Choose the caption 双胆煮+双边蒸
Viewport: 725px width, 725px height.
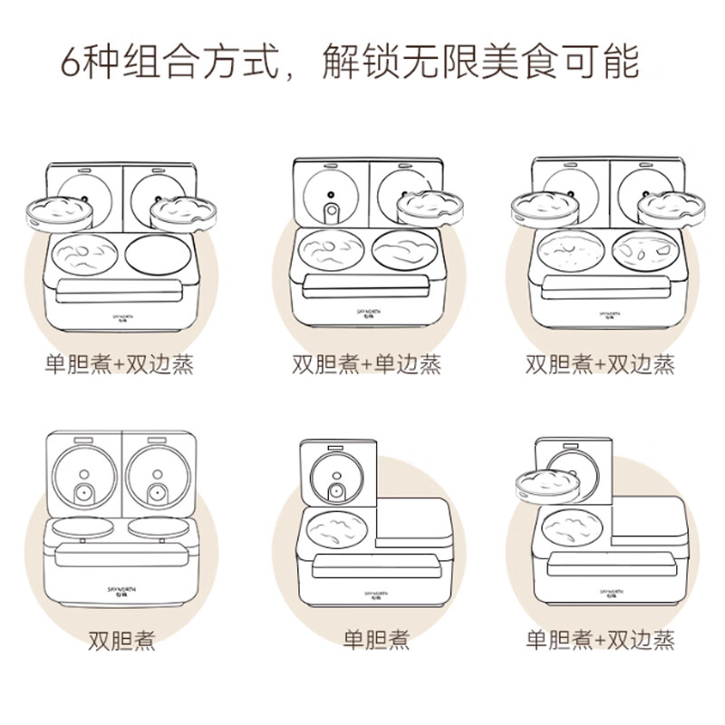601,364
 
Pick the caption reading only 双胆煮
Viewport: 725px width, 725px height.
121,641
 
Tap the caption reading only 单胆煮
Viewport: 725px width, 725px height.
375,641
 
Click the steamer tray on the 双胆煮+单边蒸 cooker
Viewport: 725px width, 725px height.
430,208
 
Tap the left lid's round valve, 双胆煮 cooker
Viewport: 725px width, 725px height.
84,494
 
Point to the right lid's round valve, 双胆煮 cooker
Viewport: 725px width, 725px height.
159,494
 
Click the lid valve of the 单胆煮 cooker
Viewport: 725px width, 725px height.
336,492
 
